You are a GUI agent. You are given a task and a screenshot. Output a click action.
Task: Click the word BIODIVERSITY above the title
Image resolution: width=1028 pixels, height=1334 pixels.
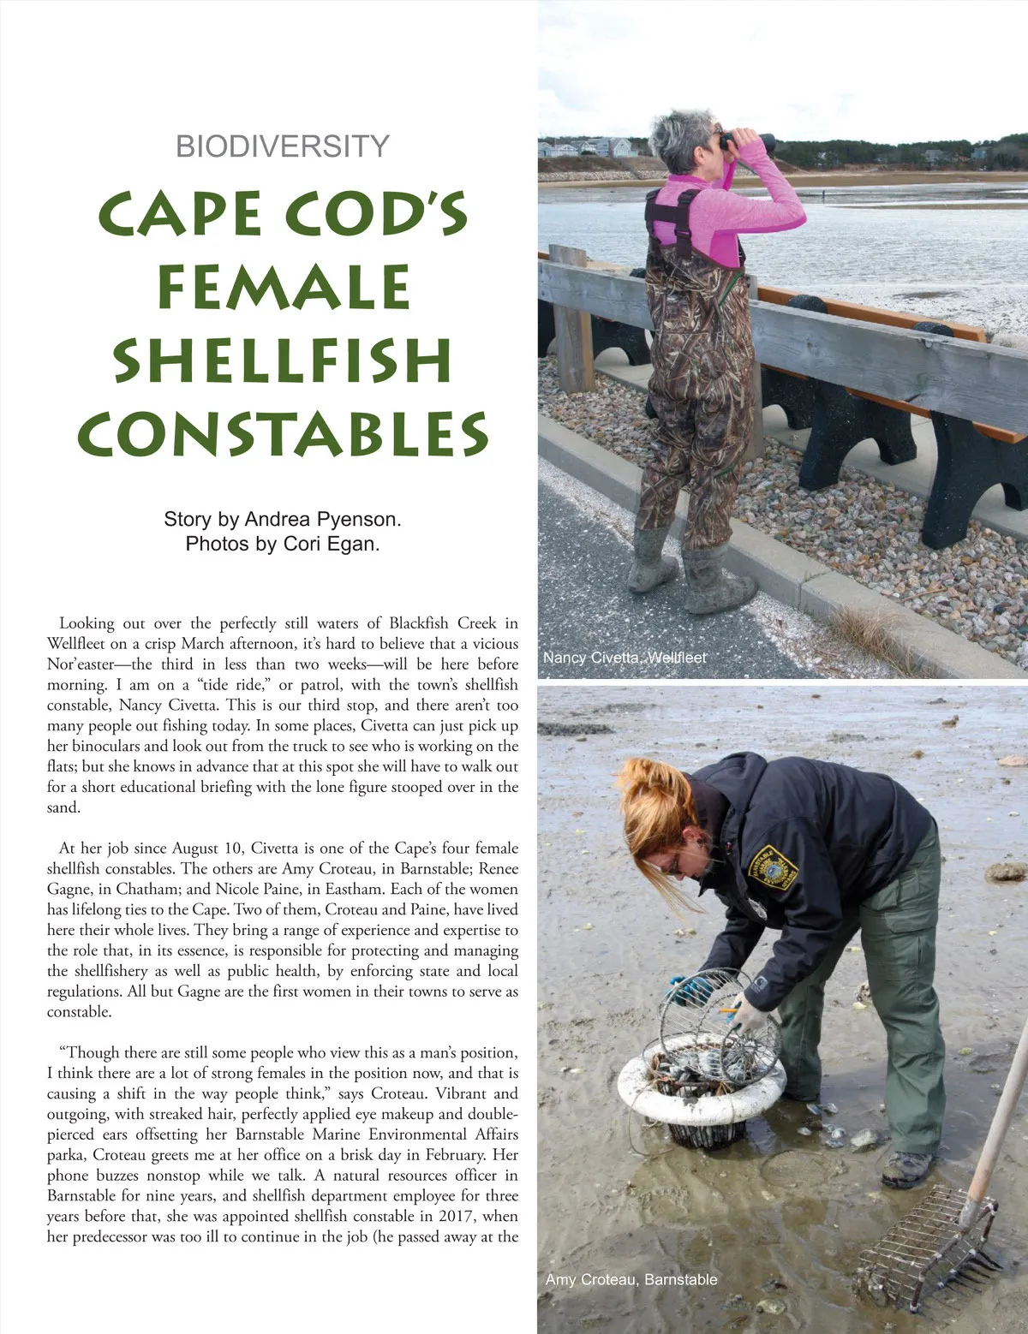283,146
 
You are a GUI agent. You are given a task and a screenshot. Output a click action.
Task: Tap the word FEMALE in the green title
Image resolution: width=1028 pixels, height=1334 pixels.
284,288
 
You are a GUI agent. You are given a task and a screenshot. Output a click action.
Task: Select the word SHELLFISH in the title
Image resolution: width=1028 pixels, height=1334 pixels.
283,360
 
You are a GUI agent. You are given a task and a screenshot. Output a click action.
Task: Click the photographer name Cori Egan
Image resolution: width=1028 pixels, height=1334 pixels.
331,544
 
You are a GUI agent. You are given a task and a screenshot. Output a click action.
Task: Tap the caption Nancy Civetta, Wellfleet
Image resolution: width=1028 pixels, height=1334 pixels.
625,658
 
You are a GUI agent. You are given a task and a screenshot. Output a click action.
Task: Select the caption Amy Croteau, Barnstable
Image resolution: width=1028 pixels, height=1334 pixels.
631,1279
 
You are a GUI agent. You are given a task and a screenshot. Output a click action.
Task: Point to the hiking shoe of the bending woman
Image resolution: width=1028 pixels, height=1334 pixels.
907,1169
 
